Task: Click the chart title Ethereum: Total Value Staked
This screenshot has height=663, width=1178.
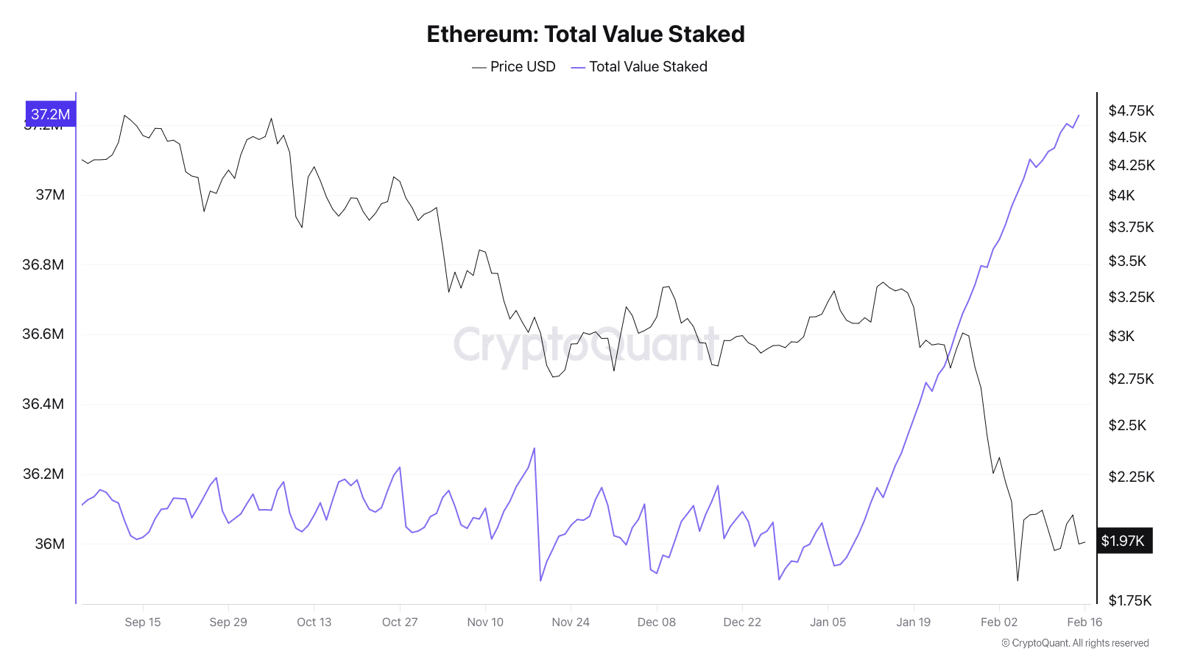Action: tap(585, 34)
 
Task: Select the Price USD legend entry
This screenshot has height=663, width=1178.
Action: tap(514, 66)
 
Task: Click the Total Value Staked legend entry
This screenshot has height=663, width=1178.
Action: tap(639, 66)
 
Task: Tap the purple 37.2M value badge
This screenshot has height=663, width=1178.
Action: tap(51, 114)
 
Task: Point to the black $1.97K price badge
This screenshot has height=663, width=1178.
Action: tap(1124, 541)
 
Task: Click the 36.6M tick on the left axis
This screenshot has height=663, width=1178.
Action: tap(43, 334)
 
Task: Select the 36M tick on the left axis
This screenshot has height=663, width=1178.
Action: tap(50, 544)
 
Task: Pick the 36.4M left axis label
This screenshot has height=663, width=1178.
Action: tap(43, 404)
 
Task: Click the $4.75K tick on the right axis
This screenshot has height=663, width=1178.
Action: tap(1131, 110)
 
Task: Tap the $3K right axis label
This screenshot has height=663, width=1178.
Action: tap(1121, 336)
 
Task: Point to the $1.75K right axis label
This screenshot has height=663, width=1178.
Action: tap(1129, 600)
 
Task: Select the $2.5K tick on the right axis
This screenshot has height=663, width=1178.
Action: tap(1127, 425)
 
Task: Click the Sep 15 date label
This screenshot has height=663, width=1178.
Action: tap(143, 622)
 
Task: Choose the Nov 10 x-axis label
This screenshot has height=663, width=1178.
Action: tap(485, 622)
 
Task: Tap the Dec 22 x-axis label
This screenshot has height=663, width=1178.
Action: tap(742, 622)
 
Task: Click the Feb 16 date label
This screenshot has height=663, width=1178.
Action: tap(1084, 622)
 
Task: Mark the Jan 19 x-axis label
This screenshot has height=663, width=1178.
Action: tap(913, 622)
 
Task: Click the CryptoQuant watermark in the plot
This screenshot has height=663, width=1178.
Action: tap(585, 344)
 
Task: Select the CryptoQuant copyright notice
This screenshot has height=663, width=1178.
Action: tap(1075, 643)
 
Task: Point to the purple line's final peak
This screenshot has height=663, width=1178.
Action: tap(1079, 115)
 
